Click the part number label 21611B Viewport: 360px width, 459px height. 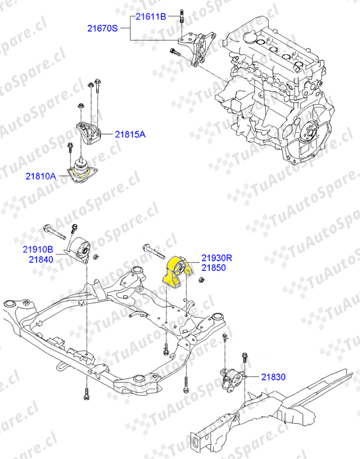tap(151, 17)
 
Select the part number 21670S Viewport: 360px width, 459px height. tap(102, 28)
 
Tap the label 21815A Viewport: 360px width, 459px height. tap(130, 134)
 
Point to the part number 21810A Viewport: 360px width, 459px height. tap(41, 176)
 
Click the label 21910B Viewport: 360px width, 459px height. tap(38, 249)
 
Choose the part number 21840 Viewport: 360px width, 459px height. tap(41, 259)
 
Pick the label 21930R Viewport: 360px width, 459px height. tap(217, 258)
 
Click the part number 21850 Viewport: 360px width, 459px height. tap(214, 267)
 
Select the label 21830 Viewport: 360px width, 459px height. tap(273, 376)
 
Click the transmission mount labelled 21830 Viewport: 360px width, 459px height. tap(233, 380)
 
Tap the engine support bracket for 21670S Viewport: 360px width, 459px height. tap(198, 47)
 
